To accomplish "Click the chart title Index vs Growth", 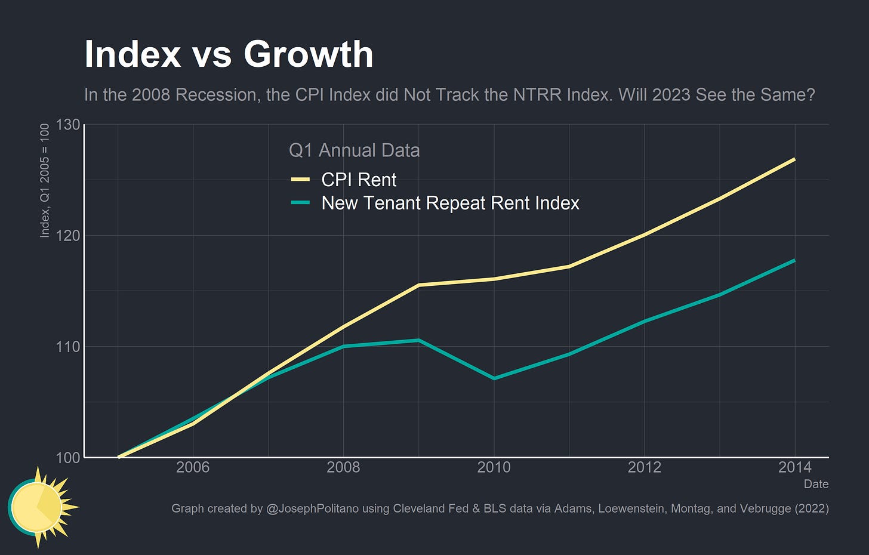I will click(x=229, y=54).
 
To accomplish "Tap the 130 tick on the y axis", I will click(x=67, y=125).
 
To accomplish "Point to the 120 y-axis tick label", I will click(x=67, y=235).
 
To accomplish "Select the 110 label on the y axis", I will click(x=67, y=347).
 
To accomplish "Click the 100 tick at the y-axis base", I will click(x=67, y=458).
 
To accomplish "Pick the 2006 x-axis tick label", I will click(x=193, y=467).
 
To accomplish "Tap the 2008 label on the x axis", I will click(x=343, y=467).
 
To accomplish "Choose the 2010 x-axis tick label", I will click(x=494, y=467).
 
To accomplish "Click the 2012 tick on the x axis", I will click(x=644, y=467).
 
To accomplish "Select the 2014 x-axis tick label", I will click(x=794, y=467).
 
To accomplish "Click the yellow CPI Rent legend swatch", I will click(x=300, y=180).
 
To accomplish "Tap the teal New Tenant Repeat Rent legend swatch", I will click(x=300, y=203).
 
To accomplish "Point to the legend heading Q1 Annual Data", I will click(x=354, y=150).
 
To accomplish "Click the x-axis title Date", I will click(x=815, y=484).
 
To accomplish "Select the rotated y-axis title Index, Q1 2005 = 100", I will click(x=45, y=180).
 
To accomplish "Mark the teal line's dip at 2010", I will click(x=494, y=378).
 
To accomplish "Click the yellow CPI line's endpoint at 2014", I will click(x=794, y=159).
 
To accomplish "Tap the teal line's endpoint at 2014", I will click(x=794, y=260).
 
